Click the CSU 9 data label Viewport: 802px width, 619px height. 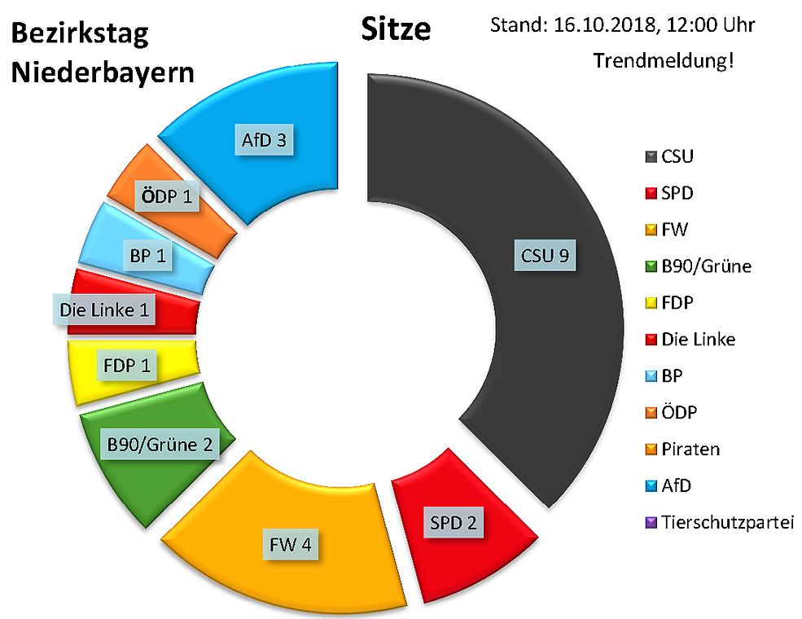coord(544,257)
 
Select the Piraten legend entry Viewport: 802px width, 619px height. coord(691,449)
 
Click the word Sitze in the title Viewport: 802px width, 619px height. coord(395,29)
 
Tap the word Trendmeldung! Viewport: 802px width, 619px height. coord(664,60)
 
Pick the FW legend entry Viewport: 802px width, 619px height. coord(675,230)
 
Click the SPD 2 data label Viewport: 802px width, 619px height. coord(452,520)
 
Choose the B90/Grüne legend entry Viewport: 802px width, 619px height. coord(705,266)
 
